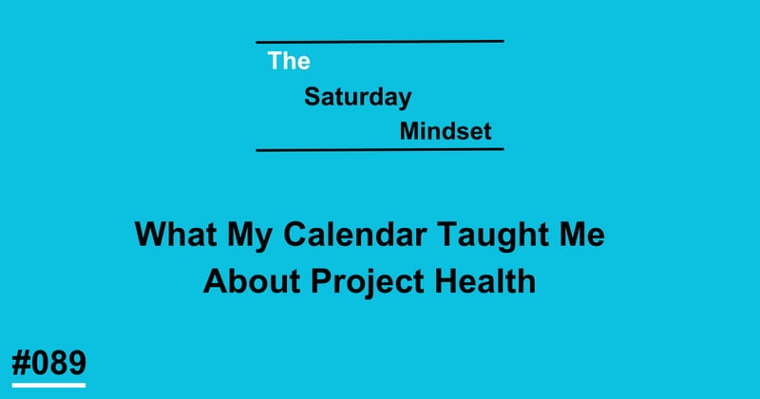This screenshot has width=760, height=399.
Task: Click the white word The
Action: [289, 62]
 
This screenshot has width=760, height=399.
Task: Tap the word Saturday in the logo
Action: [358, 98]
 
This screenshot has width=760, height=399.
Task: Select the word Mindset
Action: [446, 132]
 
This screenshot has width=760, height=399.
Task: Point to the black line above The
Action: [380, 41]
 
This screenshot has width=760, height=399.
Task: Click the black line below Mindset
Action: [380, 149]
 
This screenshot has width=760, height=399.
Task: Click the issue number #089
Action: [48, 362]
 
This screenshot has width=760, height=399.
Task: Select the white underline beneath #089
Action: [48, 384]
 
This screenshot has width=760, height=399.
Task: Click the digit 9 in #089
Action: [76, 362]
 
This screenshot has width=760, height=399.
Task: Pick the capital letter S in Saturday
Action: [312, 98]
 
